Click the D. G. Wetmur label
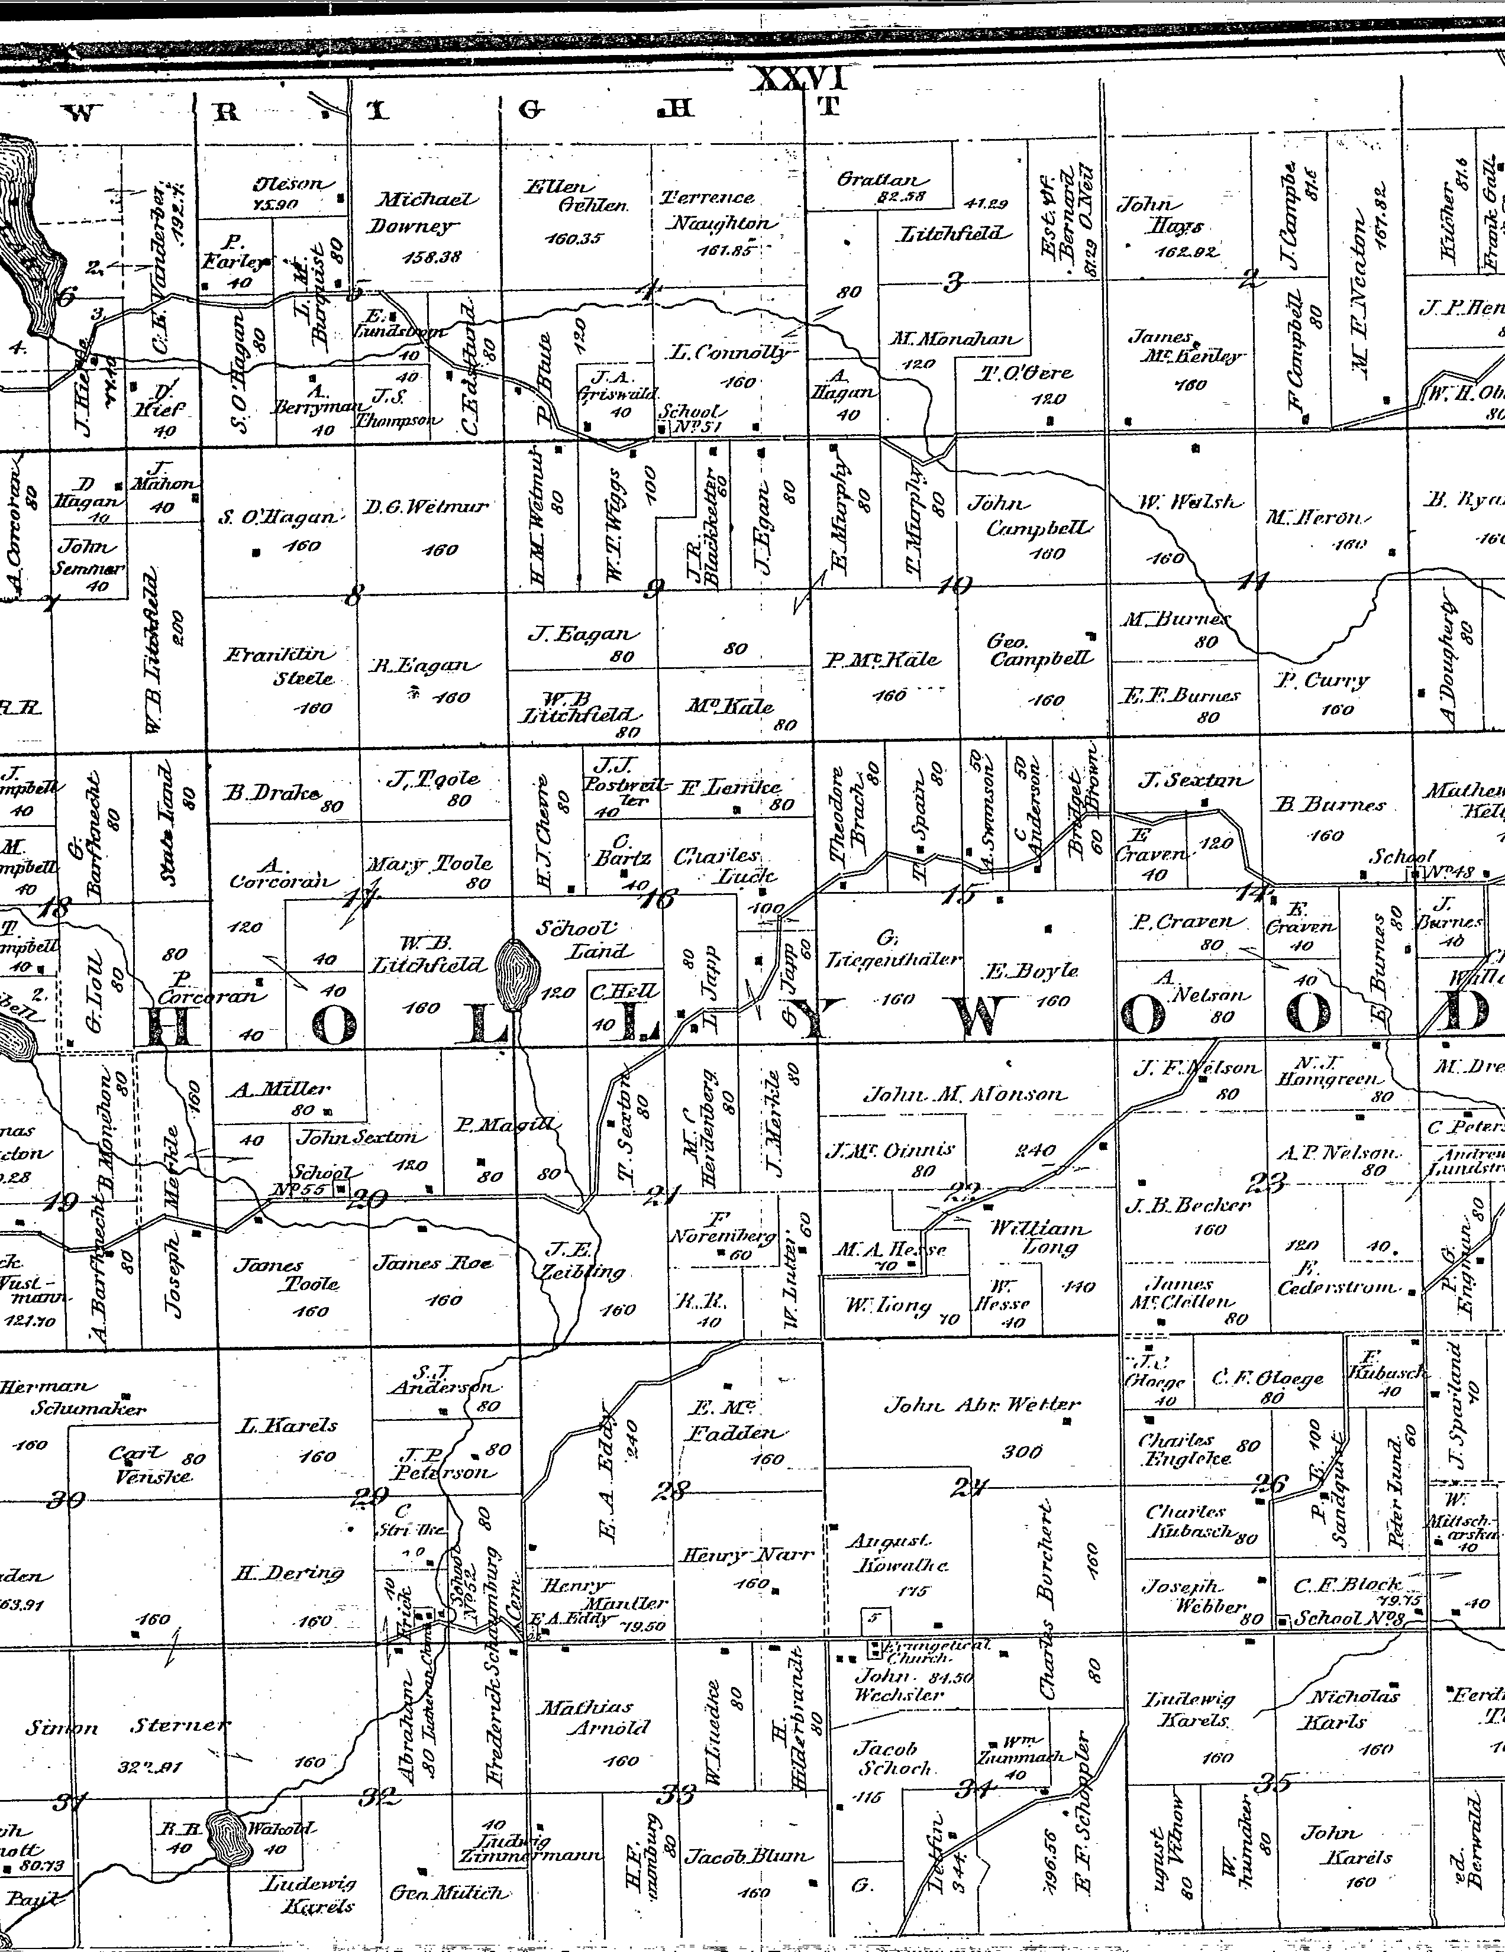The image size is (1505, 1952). point(427,508)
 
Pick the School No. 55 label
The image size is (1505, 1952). point(321,1181)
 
